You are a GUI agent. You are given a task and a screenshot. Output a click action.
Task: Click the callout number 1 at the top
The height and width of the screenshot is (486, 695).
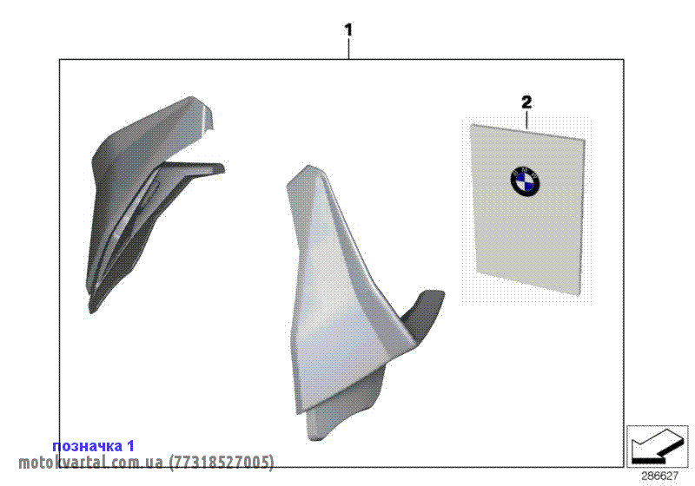click(x=349, y=30)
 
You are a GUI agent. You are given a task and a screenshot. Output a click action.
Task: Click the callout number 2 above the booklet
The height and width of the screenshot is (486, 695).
click(x=526, y=102)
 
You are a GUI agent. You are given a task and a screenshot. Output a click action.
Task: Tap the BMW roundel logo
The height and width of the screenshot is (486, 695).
click(x=526, y=181)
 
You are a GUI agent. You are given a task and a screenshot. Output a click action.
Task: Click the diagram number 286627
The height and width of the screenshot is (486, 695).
click(x=660, y=476)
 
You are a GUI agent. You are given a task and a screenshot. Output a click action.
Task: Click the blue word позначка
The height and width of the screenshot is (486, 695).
click(x=88, y=446)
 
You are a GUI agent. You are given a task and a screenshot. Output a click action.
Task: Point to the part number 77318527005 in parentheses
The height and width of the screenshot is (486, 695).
click(x=222, y=463)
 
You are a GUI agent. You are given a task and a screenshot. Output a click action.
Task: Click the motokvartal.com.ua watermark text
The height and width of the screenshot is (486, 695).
click(x=90, y=463)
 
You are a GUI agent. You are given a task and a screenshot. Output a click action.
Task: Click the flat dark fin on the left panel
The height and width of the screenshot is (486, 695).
click(x=190, y=170)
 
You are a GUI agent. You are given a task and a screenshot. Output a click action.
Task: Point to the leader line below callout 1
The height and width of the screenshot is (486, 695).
click(x=349, y=49)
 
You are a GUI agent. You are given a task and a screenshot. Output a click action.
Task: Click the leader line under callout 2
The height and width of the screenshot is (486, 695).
click(x=526, y=120)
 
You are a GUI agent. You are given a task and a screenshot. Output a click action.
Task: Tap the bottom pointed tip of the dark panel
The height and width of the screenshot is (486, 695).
click(x=91, y=313)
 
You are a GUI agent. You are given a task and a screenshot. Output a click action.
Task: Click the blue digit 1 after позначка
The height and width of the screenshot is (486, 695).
click(x=129, y=446)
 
